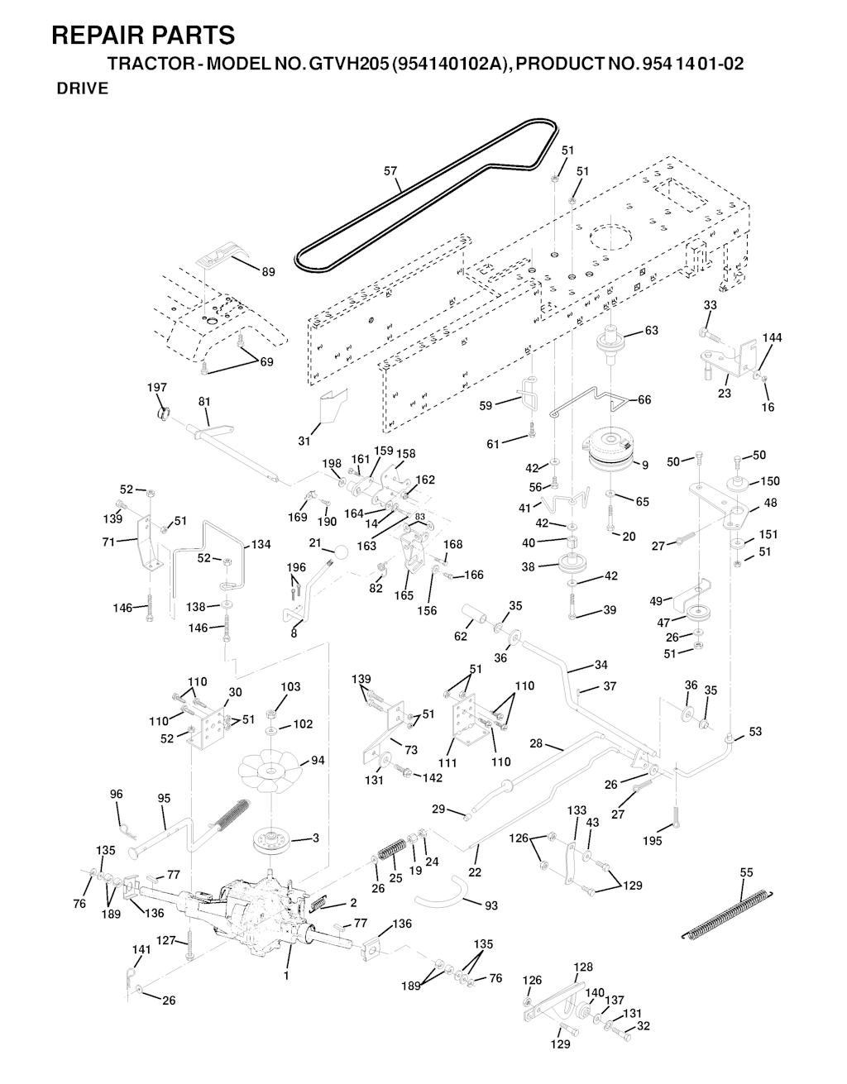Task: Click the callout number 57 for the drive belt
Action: click(390, 171)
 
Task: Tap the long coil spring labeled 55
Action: click(728, 910)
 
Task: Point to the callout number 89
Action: click(268, 272)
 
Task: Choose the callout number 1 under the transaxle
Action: click(286, 976)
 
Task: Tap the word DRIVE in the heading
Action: click(82, 89)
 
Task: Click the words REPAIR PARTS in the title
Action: click(142, 36)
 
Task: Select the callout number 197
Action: click(156, 388)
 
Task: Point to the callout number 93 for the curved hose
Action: click(490, 905)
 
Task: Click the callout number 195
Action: click(651, 842)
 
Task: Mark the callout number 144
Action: click(772, 337)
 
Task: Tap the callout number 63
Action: click(651, 331)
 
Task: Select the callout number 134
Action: click(261, 545)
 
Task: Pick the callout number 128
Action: click(583, 967)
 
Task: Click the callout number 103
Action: click(290, 687)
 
